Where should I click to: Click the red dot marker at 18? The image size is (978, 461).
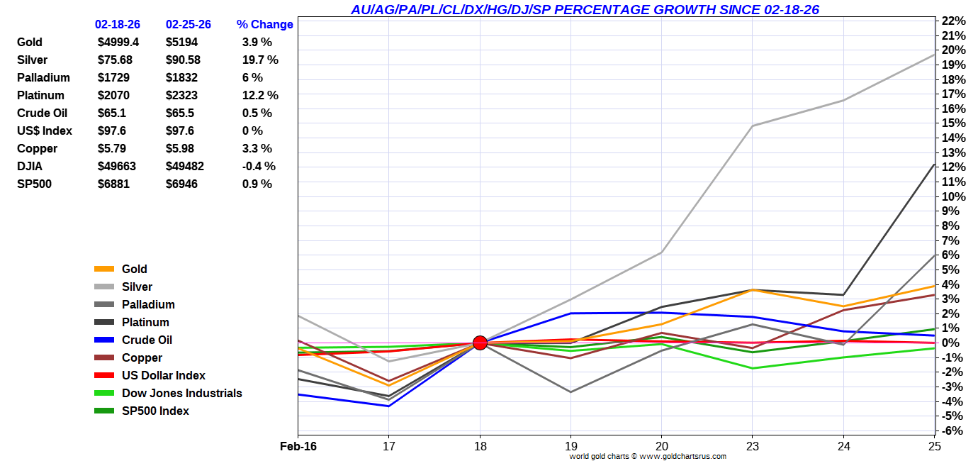480,343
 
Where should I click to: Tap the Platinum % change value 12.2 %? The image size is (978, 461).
260,95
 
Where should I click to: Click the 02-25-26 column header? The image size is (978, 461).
188,24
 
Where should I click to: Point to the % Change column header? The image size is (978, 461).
264,24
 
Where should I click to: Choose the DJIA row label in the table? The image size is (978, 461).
31,166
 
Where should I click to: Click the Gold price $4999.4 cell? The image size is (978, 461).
118,42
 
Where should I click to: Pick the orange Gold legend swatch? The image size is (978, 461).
104,269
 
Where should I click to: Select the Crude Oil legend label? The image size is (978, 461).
147,340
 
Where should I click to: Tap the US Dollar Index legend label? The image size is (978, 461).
163,375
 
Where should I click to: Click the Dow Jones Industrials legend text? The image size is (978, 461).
181,393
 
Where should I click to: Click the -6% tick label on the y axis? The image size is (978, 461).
951,431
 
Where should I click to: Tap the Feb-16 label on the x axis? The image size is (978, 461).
298,445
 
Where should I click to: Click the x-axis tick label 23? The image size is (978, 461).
753,445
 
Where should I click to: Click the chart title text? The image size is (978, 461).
585,9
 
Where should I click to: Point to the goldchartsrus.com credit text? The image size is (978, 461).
648,456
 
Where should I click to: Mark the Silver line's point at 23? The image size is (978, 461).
753,126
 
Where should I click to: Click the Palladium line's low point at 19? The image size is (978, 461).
570,391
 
